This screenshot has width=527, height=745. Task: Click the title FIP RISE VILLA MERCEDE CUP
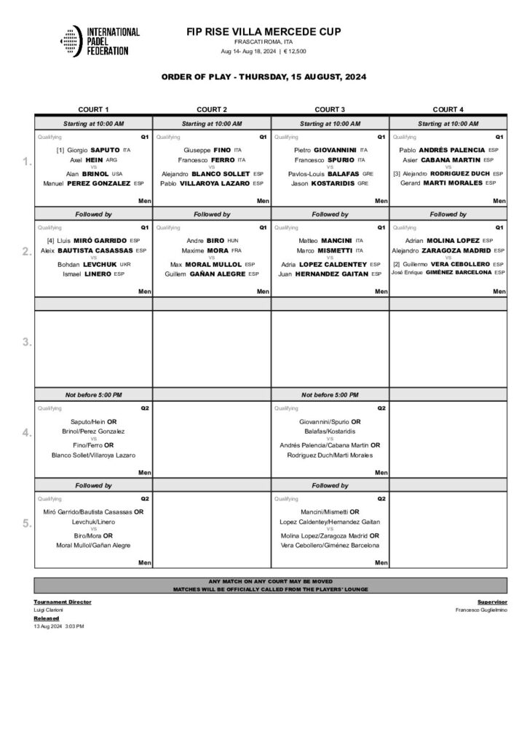[x=263, y=31]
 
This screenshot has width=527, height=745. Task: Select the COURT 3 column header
[x=330, y=109]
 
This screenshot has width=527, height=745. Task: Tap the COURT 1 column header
[x=93, y=109]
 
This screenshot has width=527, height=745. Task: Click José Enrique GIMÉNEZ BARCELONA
[x=448, y=272]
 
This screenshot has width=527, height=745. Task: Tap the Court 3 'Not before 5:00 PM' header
[x=330, y=394]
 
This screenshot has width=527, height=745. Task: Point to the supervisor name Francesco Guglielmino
[x=481, y=610]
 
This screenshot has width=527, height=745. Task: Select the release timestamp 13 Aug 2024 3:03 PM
[x=59, y=626]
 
